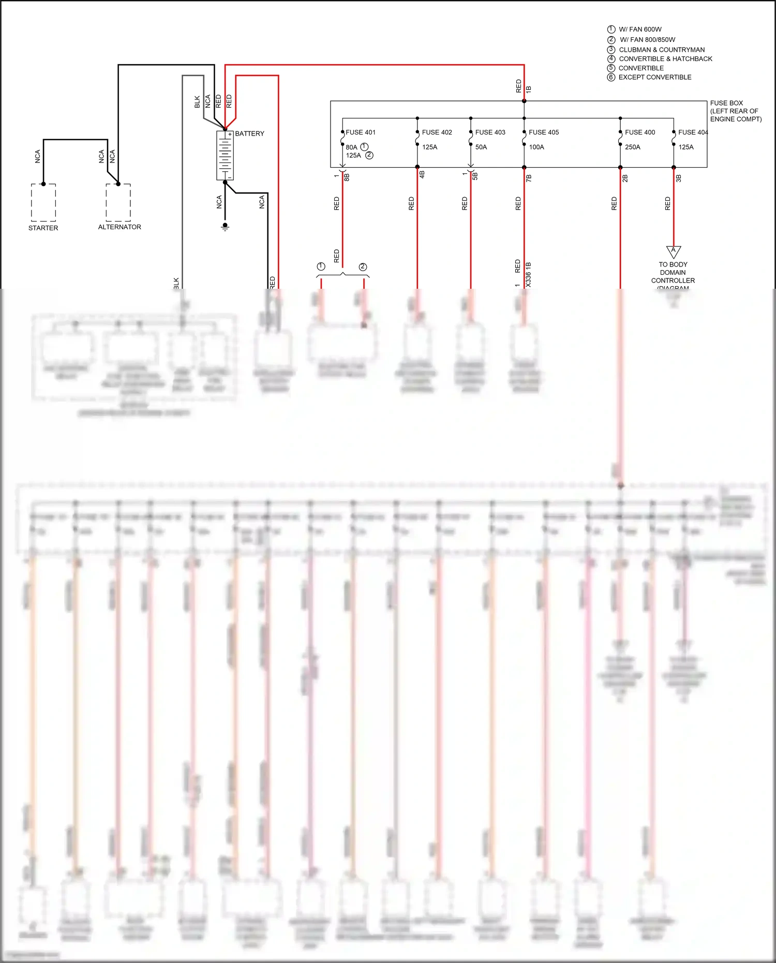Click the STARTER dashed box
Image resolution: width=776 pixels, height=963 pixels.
pyautogui.click(x=43, y=202)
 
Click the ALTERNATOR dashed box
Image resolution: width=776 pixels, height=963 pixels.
pyautogui.click(x=118, y=202)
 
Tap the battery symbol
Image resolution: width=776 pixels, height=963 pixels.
pyautogui.click(x=225, y=155)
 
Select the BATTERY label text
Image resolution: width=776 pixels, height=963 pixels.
pyautogui.click(x=249, y=134)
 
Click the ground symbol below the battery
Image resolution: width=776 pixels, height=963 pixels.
pyautogui.click(x=225, y=227)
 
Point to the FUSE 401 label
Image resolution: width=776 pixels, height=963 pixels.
pyautogui.click(x=361, y=132)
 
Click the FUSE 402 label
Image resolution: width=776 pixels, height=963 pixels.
pyautogui.click(x=437, y=132)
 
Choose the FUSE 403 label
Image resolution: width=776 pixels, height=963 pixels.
pyautogui.click(x=490, y=132)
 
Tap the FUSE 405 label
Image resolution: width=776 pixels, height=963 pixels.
pyautogui.click(x=544, y=132)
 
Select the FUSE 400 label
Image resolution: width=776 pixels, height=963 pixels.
pyautogui.click(x=640, y=132)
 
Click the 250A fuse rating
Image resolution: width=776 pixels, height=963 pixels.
pyautogui.click(x=633, y=147)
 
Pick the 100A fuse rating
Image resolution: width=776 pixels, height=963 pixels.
pyautogui.click(x=536, y=147)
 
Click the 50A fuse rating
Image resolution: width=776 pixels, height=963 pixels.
pyautogui.click(x=481, y=147)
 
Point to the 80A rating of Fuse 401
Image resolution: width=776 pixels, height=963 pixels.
pyautogui.click(x=352, y=147)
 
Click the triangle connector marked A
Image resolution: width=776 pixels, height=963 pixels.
pyautogui.click(x=673, y=251)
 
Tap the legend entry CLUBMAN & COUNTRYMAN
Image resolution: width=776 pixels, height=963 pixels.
pyautogui.click(x=662, y=50)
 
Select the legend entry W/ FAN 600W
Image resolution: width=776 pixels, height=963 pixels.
pyautogui.click(x=640, y=29)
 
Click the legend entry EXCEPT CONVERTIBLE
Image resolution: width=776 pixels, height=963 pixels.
pyautogui.click(x=655, y=77)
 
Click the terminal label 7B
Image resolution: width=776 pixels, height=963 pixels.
pyautogui.click(x=529, y=178)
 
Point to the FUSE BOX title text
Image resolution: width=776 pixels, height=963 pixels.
pyautogui.click(x=726, y=103)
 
